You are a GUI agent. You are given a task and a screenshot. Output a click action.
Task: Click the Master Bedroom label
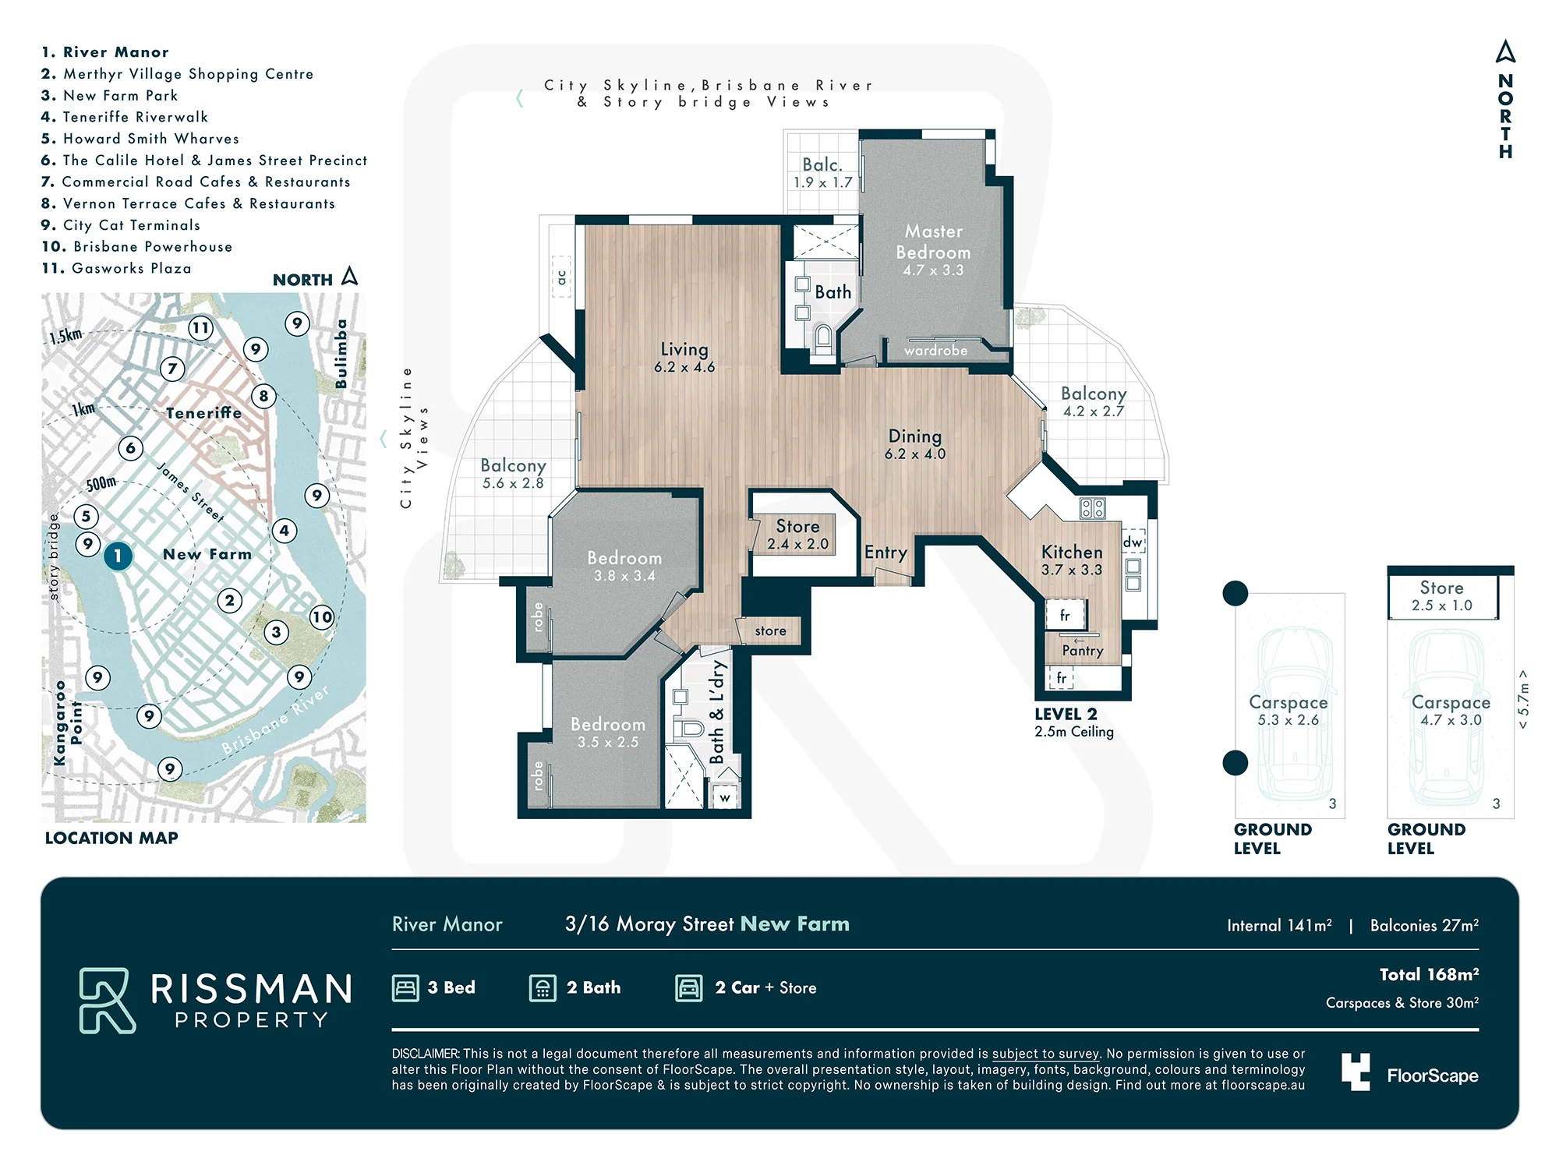[x=933, y=242]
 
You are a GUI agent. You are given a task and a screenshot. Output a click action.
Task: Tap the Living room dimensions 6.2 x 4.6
[x=684, y=367]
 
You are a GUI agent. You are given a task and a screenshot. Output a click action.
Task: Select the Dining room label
[x=915, y=436]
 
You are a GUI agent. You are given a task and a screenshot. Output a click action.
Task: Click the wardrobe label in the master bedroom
[x=935, y=351]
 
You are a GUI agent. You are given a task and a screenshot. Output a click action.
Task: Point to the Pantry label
[x=1083, y=651]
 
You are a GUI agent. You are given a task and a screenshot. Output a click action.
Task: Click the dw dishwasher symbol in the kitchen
[x=1133, y=542]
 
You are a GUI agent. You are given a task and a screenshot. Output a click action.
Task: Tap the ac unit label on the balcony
[x=561, y=277]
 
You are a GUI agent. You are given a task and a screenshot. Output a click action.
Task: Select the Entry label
[x=886, y=553]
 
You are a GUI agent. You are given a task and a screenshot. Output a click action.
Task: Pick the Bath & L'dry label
[x=717, y=712]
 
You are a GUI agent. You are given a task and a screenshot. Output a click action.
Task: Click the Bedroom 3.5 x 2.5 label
[x=608, y=733]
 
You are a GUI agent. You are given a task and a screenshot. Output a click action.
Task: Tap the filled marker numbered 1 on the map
[x=118, y=556]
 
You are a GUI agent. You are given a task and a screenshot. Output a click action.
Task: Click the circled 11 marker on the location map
[x=201, y=328]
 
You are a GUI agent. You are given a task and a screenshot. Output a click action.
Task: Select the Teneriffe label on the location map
[x=203, y=413]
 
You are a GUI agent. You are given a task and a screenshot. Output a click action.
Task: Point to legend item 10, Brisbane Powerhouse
[x=137, y=246]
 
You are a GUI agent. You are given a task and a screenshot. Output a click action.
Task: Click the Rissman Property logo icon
[x=108, y=1001]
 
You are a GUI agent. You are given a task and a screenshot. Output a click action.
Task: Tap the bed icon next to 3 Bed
[x=405, y=988]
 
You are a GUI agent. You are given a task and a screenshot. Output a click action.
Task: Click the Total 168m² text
[x=1429, y=974]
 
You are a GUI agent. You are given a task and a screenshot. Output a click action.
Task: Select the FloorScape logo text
[x=1433, y=1076]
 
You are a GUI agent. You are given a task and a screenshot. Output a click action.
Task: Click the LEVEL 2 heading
[x=1066, y=714]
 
